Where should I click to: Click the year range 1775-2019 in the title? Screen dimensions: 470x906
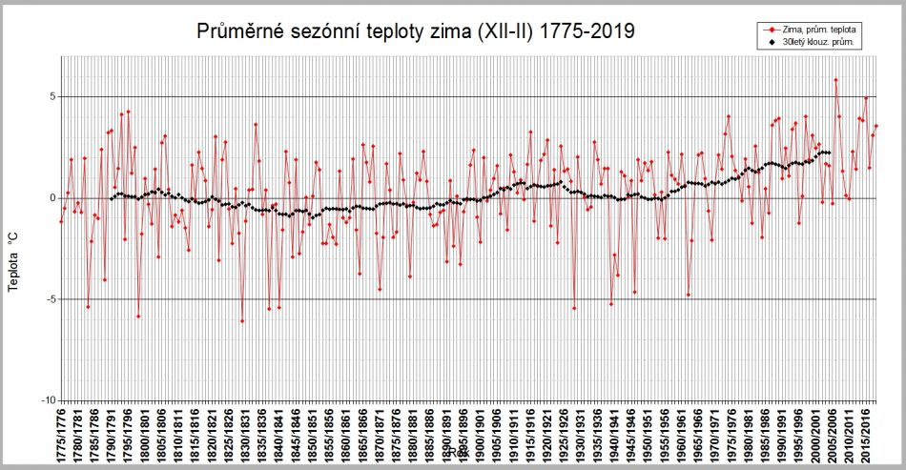click(x=583, y=32)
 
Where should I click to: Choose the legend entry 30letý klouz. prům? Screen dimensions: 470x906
click(x=823, y=43)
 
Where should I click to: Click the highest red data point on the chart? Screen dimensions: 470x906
click(x=835, y=80)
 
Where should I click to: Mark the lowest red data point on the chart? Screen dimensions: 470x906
click(x=242, y=321)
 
